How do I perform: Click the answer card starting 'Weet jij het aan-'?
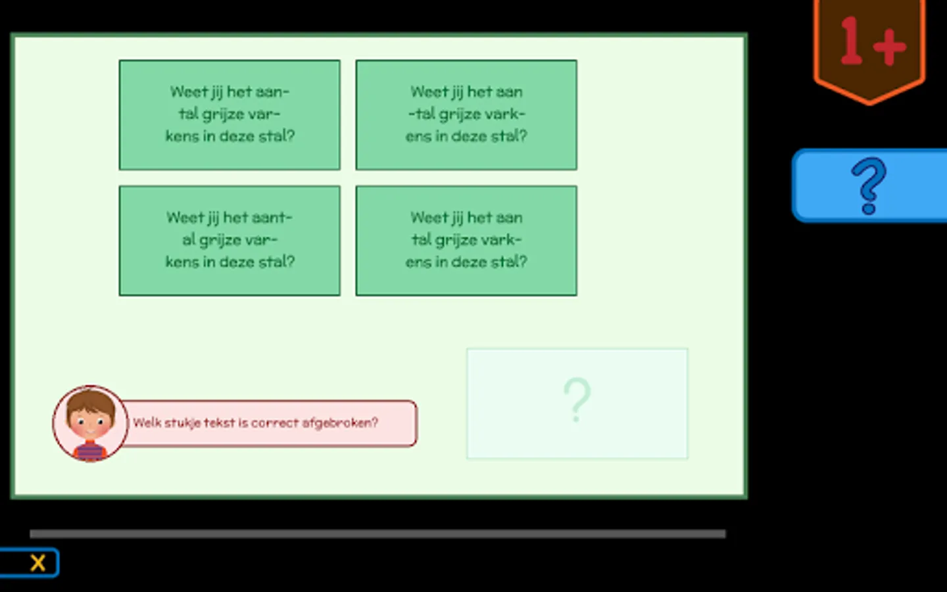(x=230, y=115)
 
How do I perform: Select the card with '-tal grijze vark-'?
(x=466, y=115)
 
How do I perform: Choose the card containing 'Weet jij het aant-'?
(x=230, y=241)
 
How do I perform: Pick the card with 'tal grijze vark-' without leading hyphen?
(x=466, y=241)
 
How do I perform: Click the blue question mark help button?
(x=869, y=185)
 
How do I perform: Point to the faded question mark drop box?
(x=577, y=403)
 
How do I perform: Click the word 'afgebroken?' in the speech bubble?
(x=340, y=423)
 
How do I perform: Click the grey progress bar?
(x=377, y=533)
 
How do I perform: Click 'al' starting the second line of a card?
(x=189, y=239)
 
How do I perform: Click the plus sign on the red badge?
(x=890, y=47)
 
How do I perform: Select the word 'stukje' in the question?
(x=182, y=423)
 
